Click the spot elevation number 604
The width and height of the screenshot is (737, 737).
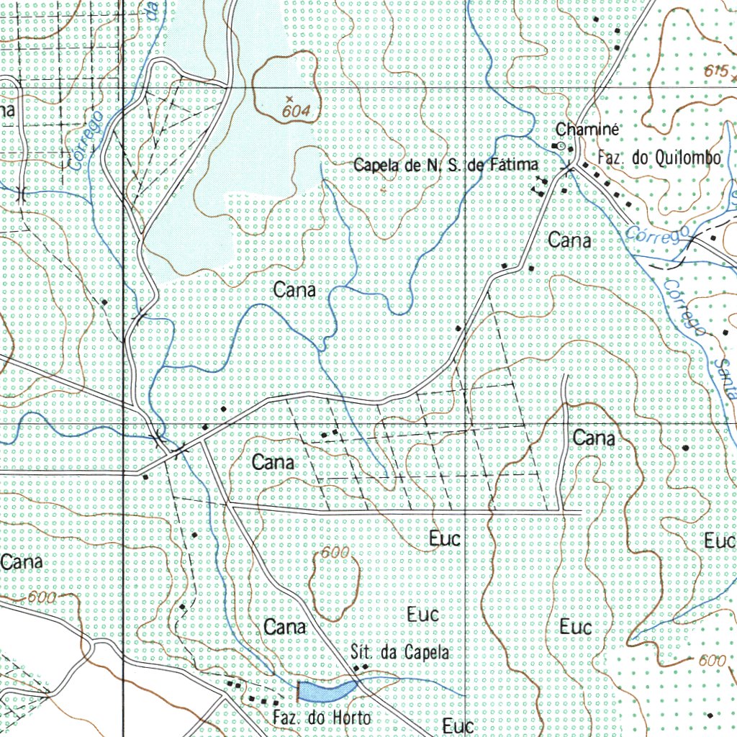click(296, 112)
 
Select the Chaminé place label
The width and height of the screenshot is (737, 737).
click(587, 130)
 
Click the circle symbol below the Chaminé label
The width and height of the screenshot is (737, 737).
click(562, 145)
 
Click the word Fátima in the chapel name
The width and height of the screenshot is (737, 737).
click(513, 166)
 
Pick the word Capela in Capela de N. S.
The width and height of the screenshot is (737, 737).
click(376, 166)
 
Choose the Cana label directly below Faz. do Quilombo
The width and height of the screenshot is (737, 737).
click(570, 240)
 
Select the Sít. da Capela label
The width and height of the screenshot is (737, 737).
click(400, 653)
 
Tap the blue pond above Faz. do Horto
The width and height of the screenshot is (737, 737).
click(327, 690)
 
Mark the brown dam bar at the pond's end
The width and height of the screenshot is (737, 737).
click(298, 691)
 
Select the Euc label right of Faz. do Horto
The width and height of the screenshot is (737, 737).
click(458, 725)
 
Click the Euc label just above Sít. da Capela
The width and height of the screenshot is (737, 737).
click(422, 615)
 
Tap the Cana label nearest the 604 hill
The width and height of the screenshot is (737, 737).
click(294, 290)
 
